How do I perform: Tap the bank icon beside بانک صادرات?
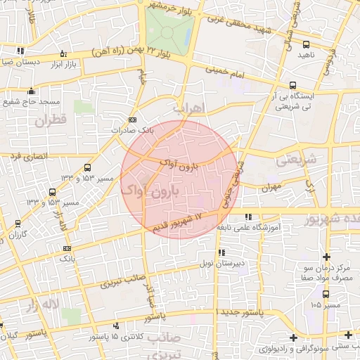pyautogui.click(x=134, y=120)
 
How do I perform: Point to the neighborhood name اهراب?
pyautogui.click(x=188, y=108)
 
